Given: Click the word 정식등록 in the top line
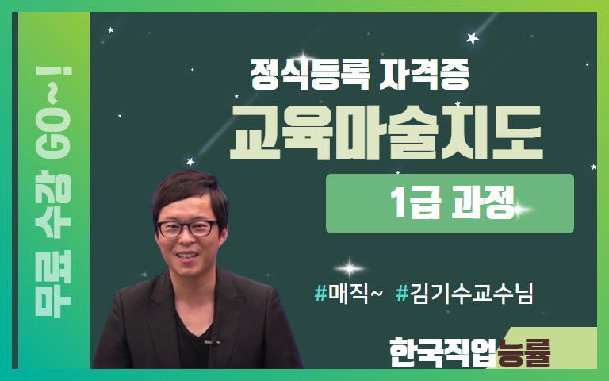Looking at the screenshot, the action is point(310,74).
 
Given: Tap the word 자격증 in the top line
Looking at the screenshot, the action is point(423,74).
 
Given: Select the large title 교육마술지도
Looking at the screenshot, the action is point(386,133).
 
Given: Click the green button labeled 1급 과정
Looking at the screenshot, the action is point(450,203).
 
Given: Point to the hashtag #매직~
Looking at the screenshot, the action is point(348,294).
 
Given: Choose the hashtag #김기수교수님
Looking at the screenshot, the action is point(465,294).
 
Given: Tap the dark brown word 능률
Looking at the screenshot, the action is point(524,352).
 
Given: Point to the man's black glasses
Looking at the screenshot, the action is point(187,229).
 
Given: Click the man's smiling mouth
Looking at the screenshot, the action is point(188,256).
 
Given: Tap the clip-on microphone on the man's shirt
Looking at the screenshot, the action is point(212,342).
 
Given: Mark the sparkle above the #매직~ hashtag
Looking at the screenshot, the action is point(350,268).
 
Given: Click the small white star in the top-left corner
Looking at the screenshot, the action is point(111,29).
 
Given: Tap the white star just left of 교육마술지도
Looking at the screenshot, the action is point(190,161).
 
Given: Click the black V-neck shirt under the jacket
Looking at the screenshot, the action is point(194,342).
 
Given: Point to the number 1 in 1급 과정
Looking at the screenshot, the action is point(398,202).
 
